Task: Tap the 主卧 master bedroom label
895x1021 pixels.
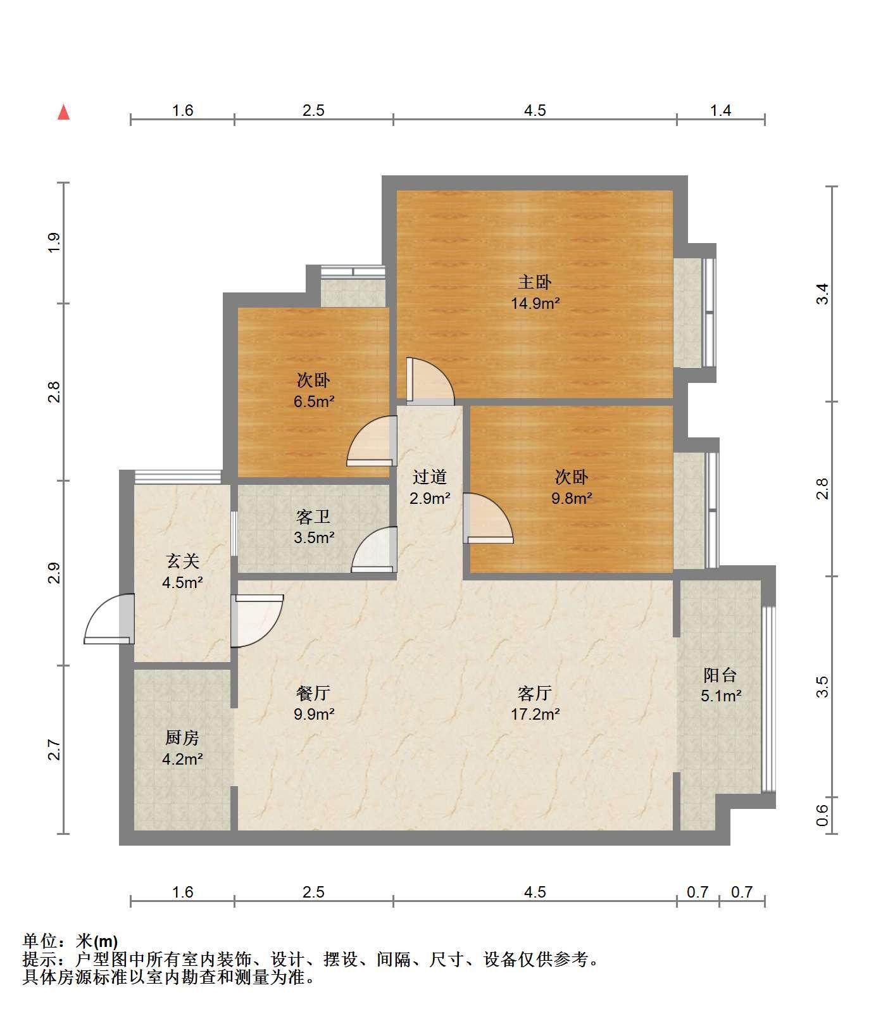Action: pos(535,282)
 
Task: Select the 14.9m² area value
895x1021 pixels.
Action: pos(535,303)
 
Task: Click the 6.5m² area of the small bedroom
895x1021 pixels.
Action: pos(314,401)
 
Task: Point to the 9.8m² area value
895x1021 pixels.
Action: pos(572,498)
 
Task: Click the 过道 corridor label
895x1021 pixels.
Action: pos(430,477)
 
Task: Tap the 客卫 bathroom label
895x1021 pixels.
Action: pos(314,517)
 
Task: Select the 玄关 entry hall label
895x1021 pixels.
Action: pos(183,561)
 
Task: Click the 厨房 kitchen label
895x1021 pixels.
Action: pos(182,737)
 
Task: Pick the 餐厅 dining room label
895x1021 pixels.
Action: pos(314,694)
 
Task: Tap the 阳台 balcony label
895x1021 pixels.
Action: pos(720,675)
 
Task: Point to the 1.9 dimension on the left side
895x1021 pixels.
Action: pos(54,242)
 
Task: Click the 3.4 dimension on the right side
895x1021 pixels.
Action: pos(822,294)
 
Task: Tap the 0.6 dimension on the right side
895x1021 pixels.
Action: pos(822,815)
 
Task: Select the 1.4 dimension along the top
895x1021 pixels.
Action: pos(720,111)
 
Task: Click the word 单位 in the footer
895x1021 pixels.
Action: pos(39,941)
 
